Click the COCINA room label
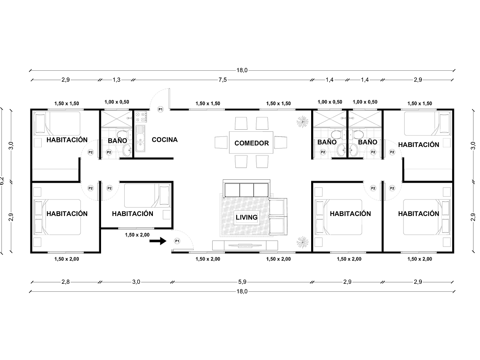point(165,140)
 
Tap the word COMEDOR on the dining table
point(251,143)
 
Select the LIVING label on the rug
point(246,217)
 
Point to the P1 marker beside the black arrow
point(177,241)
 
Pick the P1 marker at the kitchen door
point(160,109)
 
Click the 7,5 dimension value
point(222,80)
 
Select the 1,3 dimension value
point(117,80)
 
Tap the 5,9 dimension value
point(242,282)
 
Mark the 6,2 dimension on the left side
point(3,181)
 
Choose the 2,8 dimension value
point(65,282)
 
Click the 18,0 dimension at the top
point(242,70)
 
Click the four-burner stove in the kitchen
point(140,116)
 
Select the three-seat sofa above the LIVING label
point(246,190)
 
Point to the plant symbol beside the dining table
point(301,122)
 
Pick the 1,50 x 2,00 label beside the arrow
point(137,235)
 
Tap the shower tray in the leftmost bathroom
point(116,118)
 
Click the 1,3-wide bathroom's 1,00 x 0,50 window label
point(117,102)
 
